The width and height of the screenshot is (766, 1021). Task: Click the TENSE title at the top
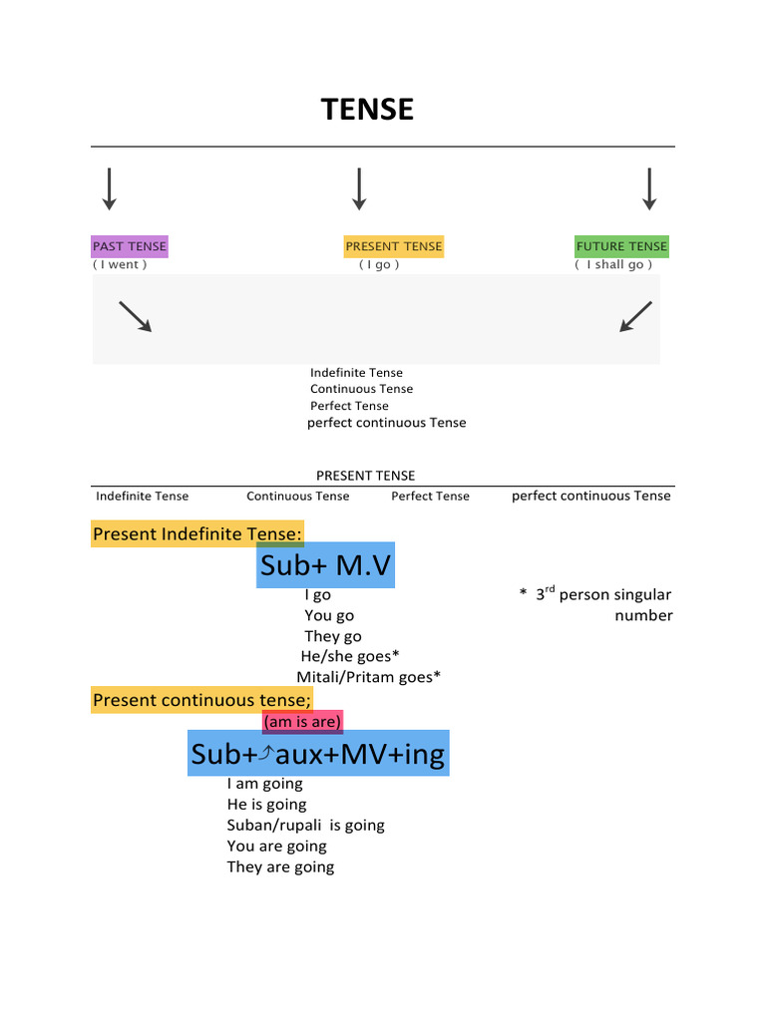point(367,110)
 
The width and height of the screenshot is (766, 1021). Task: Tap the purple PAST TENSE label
point(130,246)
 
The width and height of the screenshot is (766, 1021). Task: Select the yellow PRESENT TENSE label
point(393,246)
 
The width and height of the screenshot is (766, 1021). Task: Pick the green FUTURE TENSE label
point(621,246)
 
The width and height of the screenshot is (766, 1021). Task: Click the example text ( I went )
point(120,265)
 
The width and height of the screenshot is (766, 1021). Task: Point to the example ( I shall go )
point(614,265)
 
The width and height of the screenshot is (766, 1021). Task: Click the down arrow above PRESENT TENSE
point(359,188)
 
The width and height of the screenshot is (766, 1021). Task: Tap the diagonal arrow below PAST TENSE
point(135,316)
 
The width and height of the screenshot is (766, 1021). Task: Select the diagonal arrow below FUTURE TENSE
point(635,316)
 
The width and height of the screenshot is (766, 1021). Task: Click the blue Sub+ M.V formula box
point(325,566)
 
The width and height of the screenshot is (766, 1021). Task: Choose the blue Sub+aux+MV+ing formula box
point(318,754)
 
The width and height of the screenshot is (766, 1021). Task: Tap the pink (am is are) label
point(302,722)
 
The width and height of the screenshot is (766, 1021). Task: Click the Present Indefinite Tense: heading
point(197,534)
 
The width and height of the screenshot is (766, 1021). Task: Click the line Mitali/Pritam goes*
point(368,678)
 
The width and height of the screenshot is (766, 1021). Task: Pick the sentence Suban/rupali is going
point(305,826)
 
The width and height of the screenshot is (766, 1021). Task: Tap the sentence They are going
point(280,867)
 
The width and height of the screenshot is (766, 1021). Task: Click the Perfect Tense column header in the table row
point(430,497)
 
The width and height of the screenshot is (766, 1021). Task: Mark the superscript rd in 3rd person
point(550,589)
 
